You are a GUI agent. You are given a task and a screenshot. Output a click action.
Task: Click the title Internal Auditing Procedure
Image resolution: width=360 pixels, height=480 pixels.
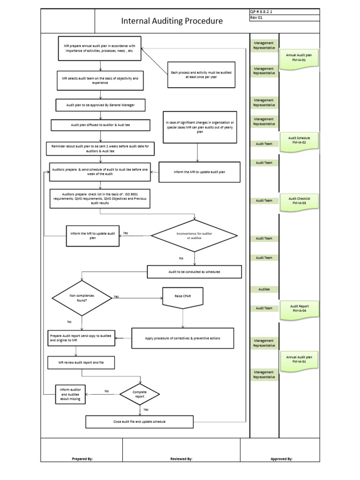coord(172,21)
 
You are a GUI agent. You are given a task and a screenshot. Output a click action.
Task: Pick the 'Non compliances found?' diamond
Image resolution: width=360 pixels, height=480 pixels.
coord(82,298)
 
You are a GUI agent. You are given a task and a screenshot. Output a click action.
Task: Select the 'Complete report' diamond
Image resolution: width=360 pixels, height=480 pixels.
coord(140,394)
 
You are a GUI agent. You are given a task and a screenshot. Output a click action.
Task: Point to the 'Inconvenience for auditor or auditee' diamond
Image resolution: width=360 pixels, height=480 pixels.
coord(195,236)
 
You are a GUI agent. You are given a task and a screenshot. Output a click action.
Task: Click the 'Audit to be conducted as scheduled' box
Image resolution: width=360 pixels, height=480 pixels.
coord(195,272)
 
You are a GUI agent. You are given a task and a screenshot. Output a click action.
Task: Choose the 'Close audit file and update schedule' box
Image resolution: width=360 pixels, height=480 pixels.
coord(139,421)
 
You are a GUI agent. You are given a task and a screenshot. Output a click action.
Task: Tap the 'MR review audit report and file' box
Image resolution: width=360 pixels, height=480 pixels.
coord(81,363)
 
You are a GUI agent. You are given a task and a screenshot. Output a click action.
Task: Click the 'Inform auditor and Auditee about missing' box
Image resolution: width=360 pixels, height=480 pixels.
coord(71,394)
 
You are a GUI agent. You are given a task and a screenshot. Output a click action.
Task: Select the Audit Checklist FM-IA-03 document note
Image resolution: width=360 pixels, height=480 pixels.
coord(299,201)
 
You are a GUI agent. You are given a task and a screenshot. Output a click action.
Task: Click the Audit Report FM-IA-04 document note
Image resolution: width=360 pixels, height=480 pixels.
coord(299,308)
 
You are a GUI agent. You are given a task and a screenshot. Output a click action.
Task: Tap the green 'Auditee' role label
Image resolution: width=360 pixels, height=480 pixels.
coord(264,290)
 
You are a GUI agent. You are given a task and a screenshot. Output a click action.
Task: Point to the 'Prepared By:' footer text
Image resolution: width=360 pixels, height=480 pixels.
coord(82,459)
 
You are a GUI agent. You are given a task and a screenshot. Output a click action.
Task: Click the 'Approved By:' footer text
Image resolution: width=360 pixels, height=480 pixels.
coord(281,459)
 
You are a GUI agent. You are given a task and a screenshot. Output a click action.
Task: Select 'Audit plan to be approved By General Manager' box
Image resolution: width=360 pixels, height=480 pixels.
coord(101,105)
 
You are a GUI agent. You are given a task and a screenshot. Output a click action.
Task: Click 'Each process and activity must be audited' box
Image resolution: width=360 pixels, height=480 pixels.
coord(201,75)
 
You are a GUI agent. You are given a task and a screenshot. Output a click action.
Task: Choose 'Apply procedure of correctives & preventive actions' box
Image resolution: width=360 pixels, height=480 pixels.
coord(183,338)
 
